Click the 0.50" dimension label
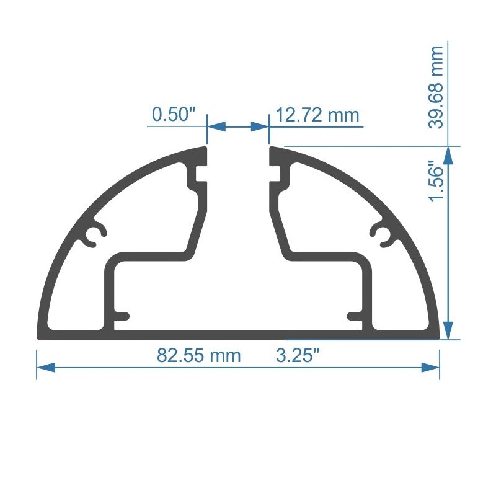174,115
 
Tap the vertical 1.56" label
438,183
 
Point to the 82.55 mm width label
198,356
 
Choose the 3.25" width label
298,356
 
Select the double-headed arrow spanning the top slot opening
237,126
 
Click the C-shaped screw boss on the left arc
94,236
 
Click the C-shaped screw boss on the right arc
381,236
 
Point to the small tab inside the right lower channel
355,316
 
